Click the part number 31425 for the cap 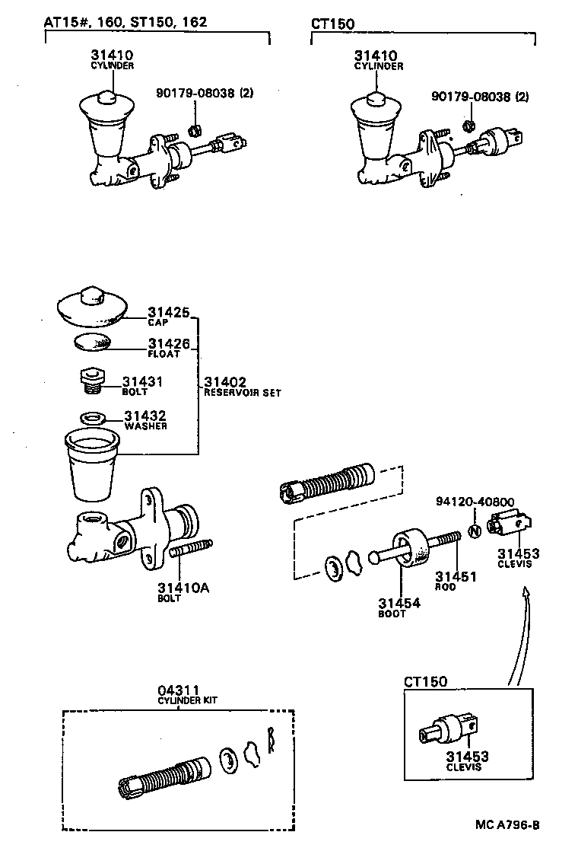pos(168,312)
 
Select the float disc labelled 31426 pos(92,342)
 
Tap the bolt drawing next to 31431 pos(90,380)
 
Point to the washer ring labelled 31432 pos(91,418)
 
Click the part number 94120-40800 pos(475,502)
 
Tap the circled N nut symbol pos(472,531)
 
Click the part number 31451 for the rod pos(456,577)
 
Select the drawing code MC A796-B pos(508,825)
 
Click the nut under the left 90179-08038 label pos(194,128)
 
